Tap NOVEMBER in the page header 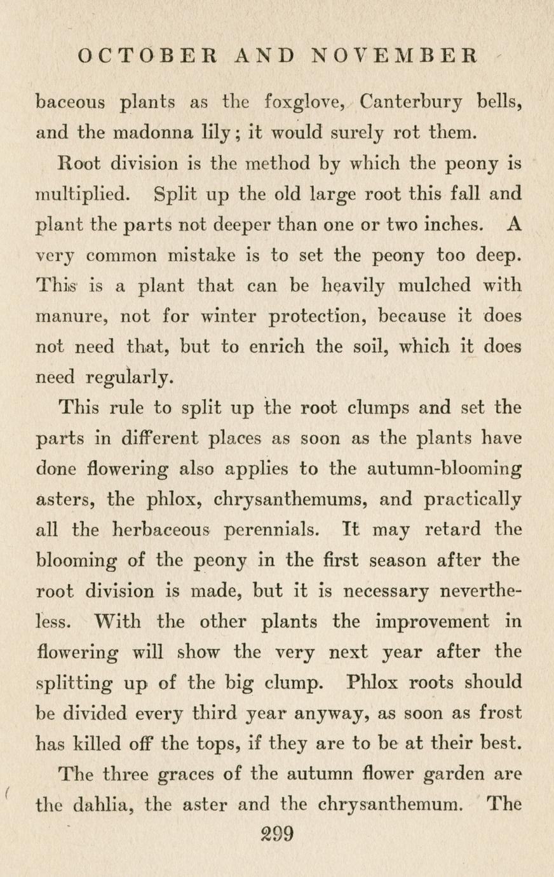pos(395,55)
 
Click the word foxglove pos(306,102)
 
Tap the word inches pos(450,224)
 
